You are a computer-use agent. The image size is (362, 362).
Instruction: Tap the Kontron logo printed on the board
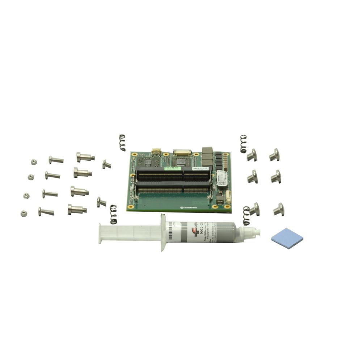click(x=187, y=208)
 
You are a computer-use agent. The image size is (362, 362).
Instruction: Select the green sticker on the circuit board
click(x=172, y=168)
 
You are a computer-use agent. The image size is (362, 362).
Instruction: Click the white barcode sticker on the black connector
click(x=198, y=169)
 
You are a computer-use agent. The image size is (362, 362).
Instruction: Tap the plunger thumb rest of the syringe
click(x=100, y=233)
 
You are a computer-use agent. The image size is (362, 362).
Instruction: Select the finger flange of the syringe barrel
click(x=163, y=232)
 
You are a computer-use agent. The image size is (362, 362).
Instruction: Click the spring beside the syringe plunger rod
click(x=113, y=214)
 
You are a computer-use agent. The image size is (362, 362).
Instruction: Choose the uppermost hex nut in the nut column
click(x=33, y=162)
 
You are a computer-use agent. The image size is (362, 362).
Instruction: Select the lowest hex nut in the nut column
click(x=24, y=214)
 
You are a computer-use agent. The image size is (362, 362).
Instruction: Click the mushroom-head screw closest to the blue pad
click(x=279, y=209)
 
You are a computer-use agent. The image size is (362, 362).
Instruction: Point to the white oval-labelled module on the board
click(x=222, y=178)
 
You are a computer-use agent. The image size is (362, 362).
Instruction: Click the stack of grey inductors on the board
click(x=207, y=156)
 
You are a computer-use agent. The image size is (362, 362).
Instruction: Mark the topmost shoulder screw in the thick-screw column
click(x=85, y=157)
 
